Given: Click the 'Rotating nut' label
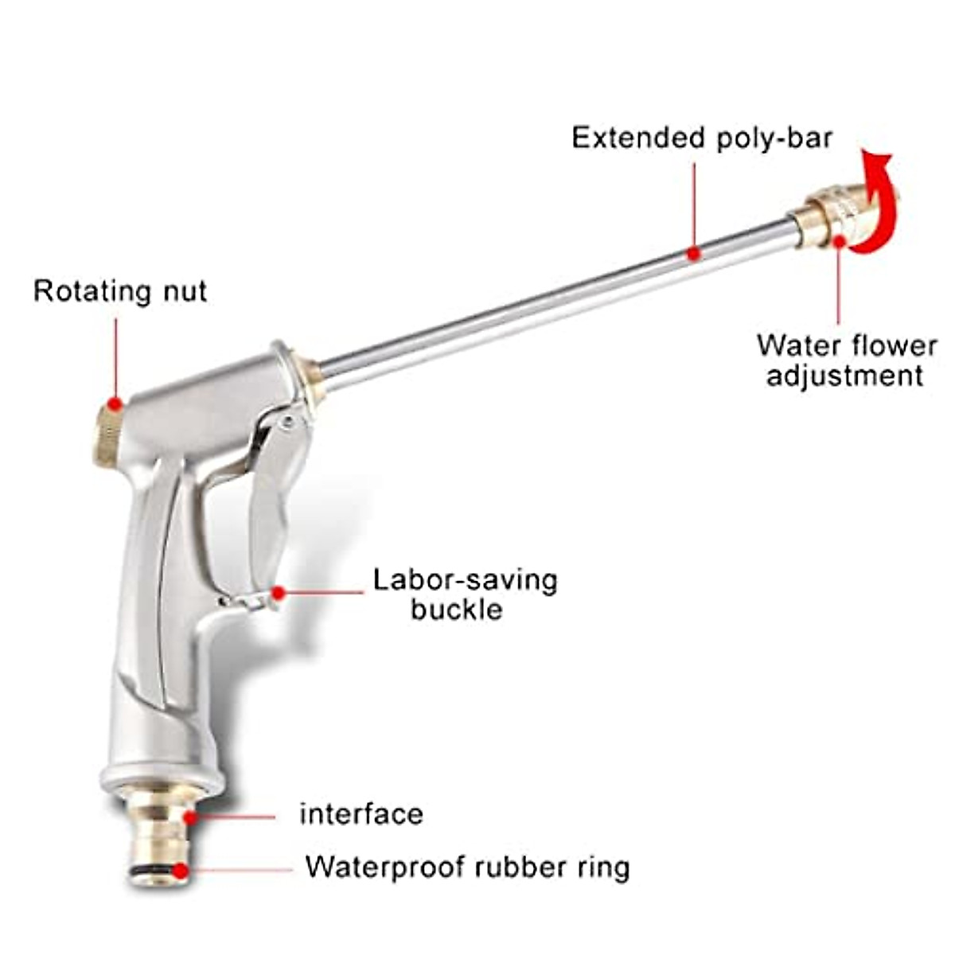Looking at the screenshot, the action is pos(120,291).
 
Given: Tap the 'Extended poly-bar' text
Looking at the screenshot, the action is pos(702,138).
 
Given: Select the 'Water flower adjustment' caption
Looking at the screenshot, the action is pos(846,361).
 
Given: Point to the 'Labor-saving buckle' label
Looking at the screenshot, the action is pos(465,594).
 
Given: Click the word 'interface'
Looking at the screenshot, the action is pos(361,814).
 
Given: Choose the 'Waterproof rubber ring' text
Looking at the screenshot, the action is pos(467,867).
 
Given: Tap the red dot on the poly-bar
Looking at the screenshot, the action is pos(693,254).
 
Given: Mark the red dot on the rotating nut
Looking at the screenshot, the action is pos(116,404).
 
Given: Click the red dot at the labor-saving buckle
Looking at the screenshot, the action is pos(278,593).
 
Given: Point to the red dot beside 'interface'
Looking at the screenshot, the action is pos(189,817).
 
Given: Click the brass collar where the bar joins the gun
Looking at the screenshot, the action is pos(309,384).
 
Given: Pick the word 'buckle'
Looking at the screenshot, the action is pos(457,610).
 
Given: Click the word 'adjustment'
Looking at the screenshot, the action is pos(845,376).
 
